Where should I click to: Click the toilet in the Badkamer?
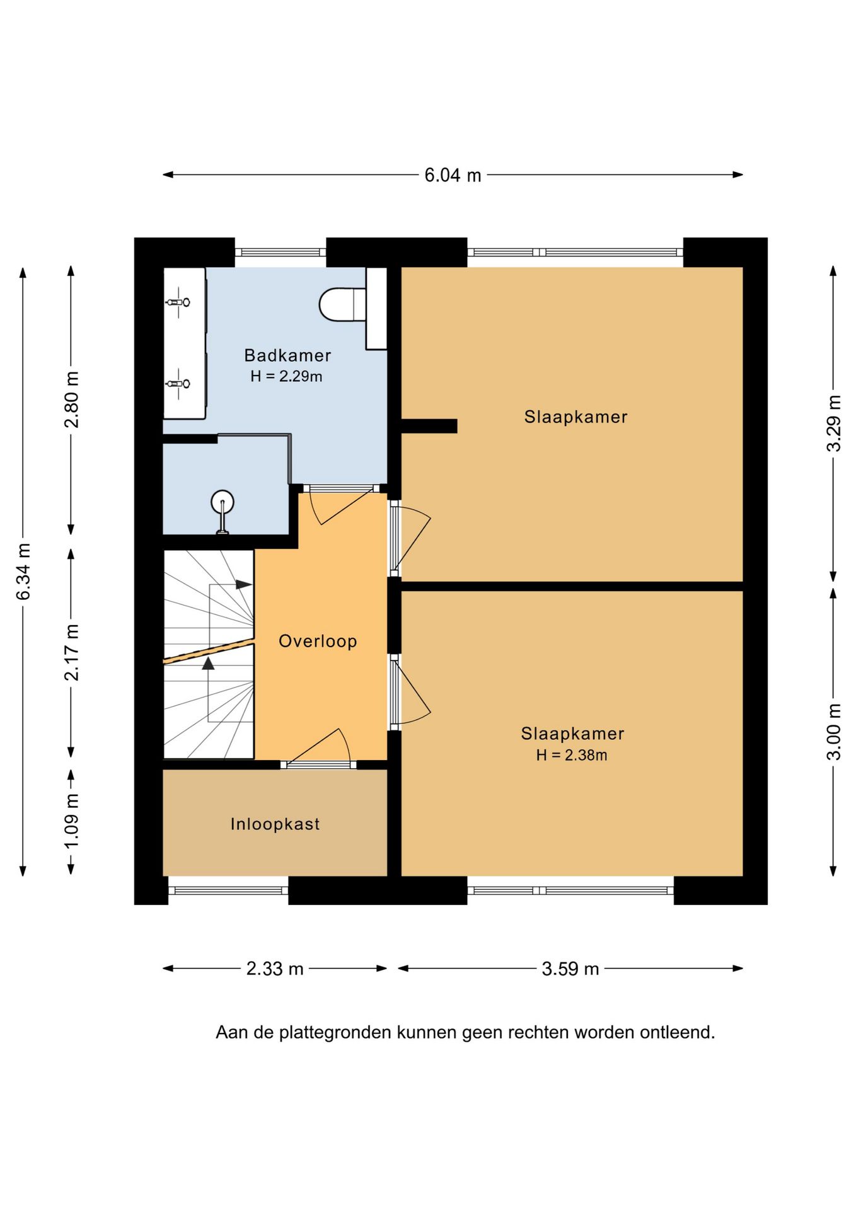pos(342,304)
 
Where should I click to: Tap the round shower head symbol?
pos(222,502)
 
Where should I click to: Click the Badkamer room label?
pos(287,355)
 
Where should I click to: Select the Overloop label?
pos(318,641)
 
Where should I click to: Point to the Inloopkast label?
pos(275,824)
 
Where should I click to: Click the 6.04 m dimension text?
pos(453,175)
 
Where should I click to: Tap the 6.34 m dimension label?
pos(23,571)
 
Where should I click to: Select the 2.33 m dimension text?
pos(275,968)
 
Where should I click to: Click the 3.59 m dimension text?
pos(570,968)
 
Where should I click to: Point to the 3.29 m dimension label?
pos(833,423)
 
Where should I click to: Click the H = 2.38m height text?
pos(572,755)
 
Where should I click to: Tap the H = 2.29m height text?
pos(286,376)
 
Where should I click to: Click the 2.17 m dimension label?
pos(71,652)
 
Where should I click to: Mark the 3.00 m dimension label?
pos(833,732)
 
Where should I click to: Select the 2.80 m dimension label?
pos(71,400)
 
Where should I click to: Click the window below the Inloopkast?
pos(228,890)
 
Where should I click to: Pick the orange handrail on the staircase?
pos(209,651)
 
